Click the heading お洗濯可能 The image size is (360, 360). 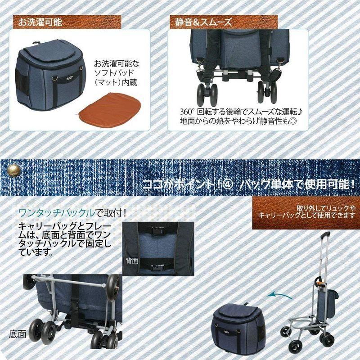point(40,22)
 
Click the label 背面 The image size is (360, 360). point(132,261)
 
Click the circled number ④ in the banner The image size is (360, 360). point(227,184)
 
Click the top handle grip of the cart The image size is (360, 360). point(325,235)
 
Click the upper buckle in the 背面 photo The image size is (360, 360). point(157,230)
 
